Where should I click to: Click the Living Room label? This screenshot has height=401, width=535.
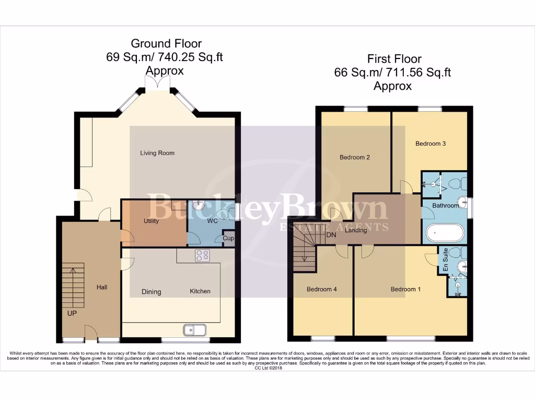(x=157, y=153)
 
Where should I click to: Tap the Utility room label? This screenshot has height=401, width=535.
(x=151, y=221)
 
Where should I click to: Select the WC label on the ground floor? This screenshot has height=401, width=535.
(x=212, y=221)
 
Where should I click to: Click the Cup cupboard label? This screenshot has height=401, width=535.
(x=228, y=238)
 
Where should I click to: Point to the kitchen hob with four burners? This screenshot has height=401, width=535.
(x=202, y=255)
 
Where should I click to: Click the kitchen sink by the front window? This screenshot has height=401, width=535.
(x=195, y=329)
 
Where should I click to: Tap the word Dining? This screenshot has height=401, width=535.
(x=152, y=292)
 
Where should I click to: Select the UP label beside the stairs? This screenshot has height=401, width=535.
(x=72, y=313)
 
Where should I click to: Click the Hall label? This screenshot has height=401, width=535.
(x=102, y=287)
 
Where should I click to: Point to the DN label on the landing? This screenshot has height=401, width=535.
(x=331, y=235)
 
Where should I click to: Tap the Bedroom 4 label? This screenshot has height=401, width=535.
(x=322, y=289)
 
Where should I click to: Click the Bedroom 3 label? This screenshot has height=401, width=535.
(x=431, y=144)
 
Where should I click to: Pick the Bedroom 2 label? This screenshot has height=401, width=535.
(x=355, y=157)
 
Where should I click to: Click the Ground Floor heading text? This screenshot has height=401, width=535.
(x=166, y=43)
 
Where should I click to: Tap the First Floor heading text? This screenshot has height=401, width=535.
(x=394, y=58)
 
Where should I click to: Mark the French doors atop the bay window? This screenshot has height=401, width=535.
(x=155, y=82)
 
